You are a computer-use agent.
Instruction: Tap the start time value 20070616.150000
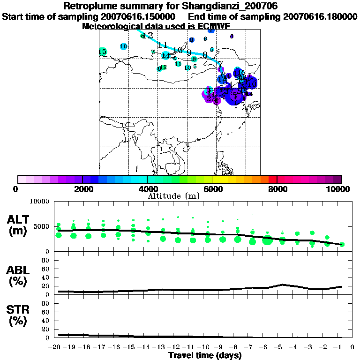click(x=141, y=17)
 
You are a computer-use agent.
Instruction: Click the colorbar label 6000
click(x=212, y=189)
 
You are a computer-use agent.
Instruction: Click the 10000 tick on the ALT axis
click(x=39, y=202)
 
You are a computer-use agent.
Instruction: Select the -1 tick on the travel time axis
click(x=342, y=347)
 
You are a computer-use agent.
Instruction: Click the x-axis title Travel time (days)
click(x=205, y=355)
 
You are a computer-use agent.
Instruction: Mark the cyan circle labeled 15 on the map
click(x=103, y=52)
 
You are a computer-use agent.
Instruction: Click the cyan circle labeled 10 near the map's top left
click(x=124, y=46)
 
